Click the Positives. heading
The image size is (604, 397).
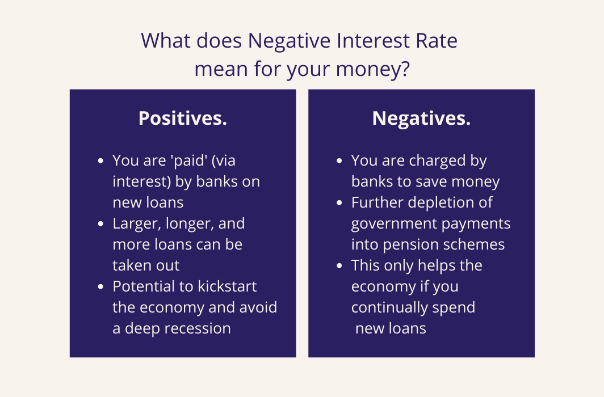pyautogui.click(x=183, y=118)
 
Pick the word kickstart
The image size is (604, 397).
pyautogui.click(x=227, y=286)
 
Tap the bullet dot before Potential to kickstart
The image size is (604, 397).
pyautogui.click(x=101, y=286)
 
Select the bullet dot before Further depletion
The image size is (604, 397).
pyautogui.click(x=339, y=202)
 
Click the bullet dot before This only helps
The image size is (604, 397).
pyautogui.click(x=339, y=266)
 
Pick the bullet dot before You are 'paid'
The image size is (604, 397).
pyautogui.click(x=101, y=161)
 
